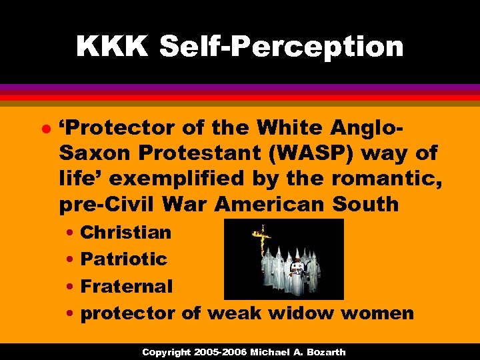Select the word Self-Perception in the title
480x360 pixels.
coord(281,47)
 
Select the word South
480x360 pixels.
coord(367,205)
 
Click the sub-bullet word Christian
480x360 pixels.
coord(125,233)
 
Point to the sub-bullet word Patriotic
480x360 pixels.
coord(123,259)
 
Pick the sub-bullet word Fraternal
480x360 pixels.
coord(126,286)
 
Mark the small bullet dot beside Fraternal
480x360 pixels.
coord(70,287)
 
